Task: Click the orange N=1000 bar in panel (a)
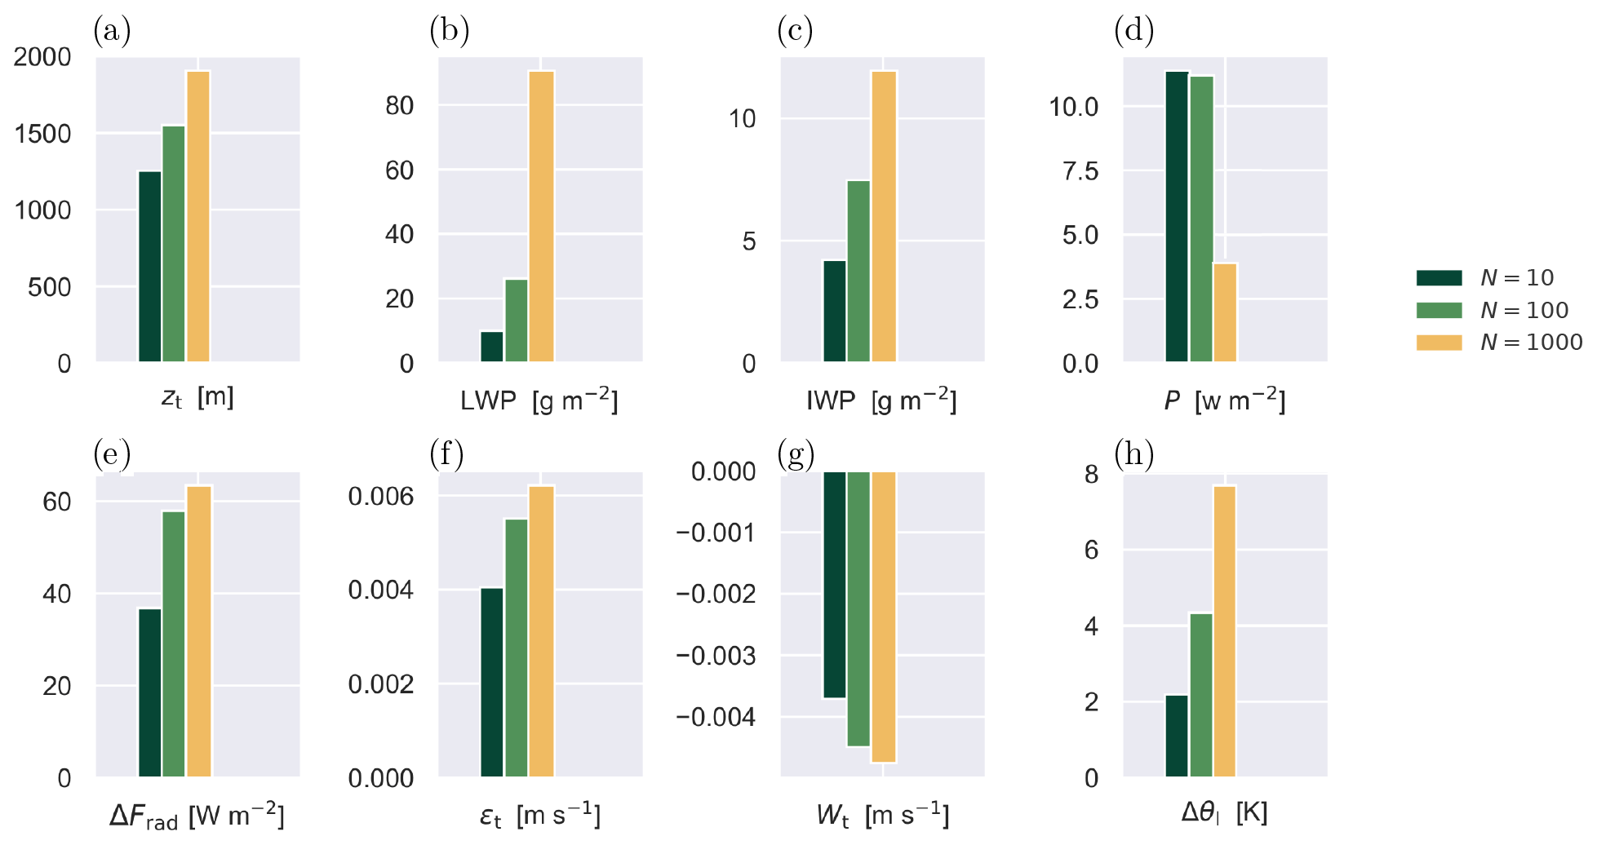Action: tap(198, 216)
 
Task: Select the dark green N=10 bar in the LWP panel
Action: tap(492, 346)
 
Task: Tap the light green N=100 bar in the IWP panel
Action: tap(858, 271)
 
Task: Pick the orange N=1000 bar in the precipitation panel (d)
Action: tap(1225, 312)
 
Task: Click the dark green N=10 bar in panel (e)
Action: tap(150, 692)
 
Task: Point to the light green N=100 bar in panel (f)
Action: tap(517, 648)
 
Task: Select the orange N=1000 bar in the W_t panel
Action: tap(884, 617)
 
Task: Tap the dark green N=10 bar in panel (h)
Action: tap(1177, 736)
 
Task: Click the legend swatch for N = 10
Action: tap(1439, 277)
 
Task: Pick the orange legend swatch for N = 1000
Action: tap(1439, 343)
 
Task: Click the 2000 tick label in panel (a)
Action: tap(42, 57)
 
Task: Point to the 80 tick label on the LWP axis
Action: tap(400, 106)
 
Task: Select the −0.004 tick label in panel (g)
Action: tap(716, 718)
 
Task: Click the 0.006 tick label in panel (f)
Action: tap(381, 497)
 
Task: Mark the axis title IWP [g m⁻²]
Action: tap(881, 400)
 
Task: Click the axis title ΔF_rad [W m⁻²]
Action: tap(197, 816)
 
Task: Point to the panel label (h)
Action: tap(1134, 453)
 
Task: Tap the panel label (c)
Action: tap(795, 31)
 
